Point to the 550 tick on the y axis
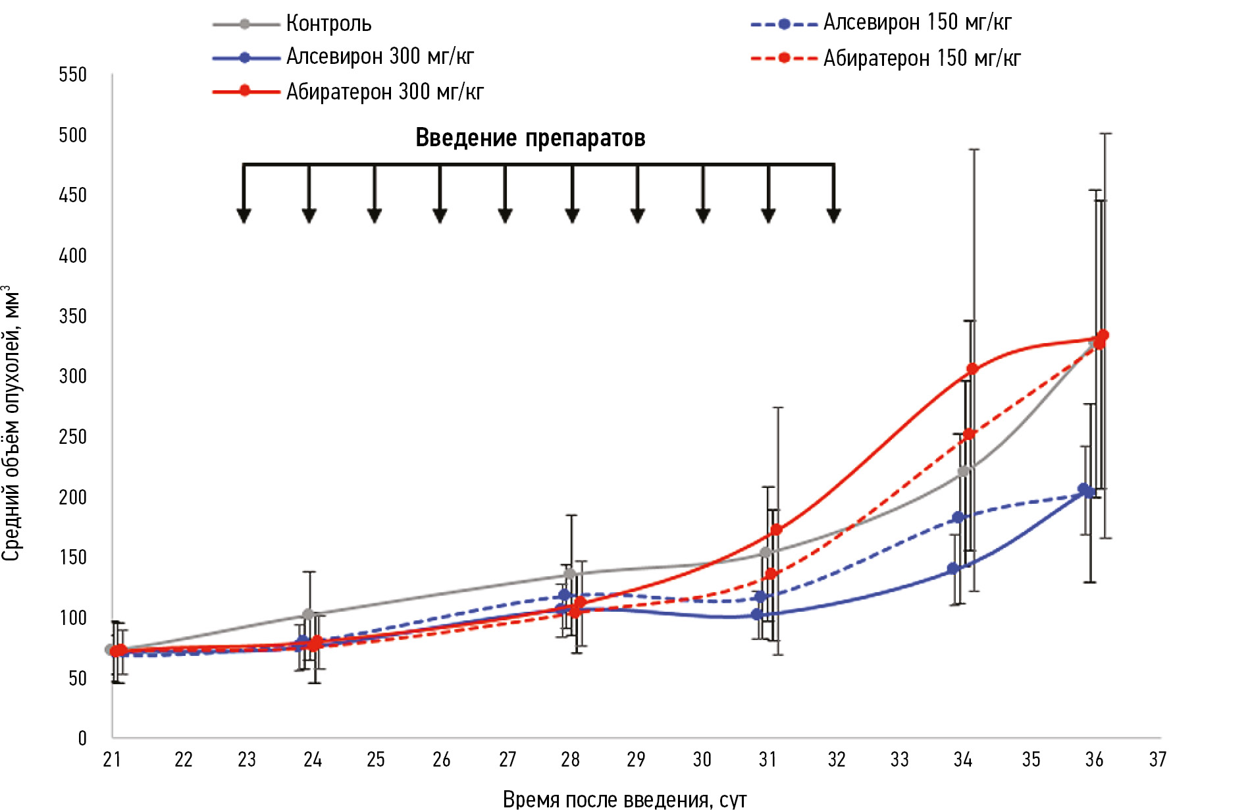pos(73,74)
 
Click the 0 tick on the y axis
pos(82,738)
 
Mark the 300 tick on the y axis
pos(73,376)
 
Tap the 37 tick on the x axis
pos(1158,760)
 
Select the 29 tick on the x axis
pos(636,760)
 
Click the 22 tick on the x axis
pos(183,760)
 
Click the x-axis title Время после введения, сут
pos(625,799)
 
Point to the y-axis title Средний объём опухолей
pos(11,421)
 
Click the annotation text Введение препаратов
pos(530,138)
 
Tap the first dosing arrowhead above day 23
pos(244,215)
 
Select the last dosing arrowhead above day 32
pos(833,215)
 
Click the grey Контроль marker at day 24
pos(307,614)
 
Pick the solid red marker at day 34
pos(972,369)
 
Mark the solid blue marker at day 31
pos(757,614)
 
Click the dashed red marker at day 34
pos(969,434)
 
